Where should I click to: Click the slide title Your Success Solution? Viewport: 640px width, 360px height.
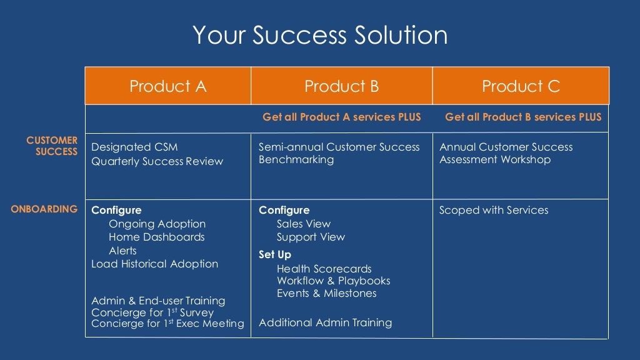319,35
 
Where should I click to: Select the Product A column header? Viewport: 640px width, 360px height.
167,86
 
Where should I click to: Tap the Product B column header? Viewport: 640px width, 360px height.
341,86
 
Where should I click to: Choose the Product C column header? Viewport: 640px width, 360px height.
521,86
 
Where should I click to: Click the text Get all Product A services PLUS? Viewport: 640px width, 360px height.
341,117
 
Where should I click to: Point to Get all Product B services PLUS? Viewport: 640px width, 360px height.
523,117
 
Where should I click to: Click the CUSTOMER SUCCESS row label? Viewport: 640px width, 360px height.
52,146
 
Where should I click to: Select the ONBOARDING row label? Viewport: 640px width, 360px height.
44,209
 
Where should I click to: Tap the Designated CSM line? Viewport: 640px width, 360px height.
134,147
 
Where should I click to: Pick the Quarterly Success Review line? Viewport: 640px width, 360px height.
157,161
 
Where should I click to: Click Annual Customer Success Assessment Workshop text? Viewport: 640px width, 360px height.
506,153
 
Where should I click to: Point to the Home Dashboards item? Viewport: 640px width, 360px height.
156,237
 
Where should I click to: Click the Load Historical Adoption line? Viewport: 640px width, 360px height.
154,264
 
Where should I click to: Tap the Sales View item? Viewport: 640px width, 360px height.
303,224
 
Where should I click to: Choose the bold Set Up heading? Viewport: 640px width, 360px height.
275,254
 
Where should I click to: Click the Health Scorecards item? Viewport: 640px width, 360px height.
324,269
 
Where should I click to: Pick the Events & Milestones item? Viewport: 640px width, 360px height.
326,293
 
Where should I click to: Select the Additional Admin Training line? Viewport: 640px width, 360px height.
325,322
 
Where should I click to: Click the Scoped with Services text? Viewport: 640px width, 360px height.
494,210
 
